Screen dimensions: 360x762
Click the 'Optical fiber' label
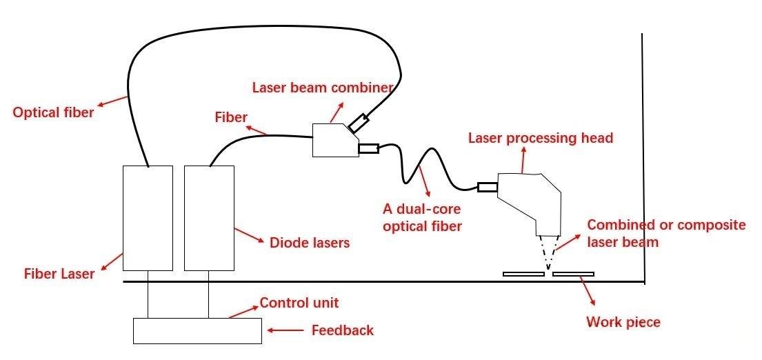53,112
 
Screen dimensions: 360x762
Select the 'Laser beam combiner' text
322,88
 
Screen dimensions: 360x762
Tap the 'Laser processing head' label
540,138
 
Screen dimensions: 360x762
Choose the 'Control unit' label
299,303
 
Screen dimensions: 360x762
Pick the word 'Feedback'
343,330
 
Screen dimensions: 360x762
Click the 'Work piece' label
623,322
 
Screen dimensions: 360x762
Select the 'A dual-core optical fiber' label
422,217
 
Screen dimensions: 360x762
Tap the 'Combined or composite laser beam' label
666,233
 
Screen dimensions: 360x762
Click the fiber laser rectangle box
148,218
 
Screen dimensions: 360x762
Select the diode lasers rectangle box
209,218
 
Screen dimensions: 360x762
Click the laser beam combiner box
333,140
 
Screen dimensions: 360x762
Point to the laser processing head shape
531,200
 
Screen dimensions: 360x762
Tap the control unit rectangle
197,330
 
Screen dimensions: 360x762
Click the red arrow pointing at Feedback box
285,331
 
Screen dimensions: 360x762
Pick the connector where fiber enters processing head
487,186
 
